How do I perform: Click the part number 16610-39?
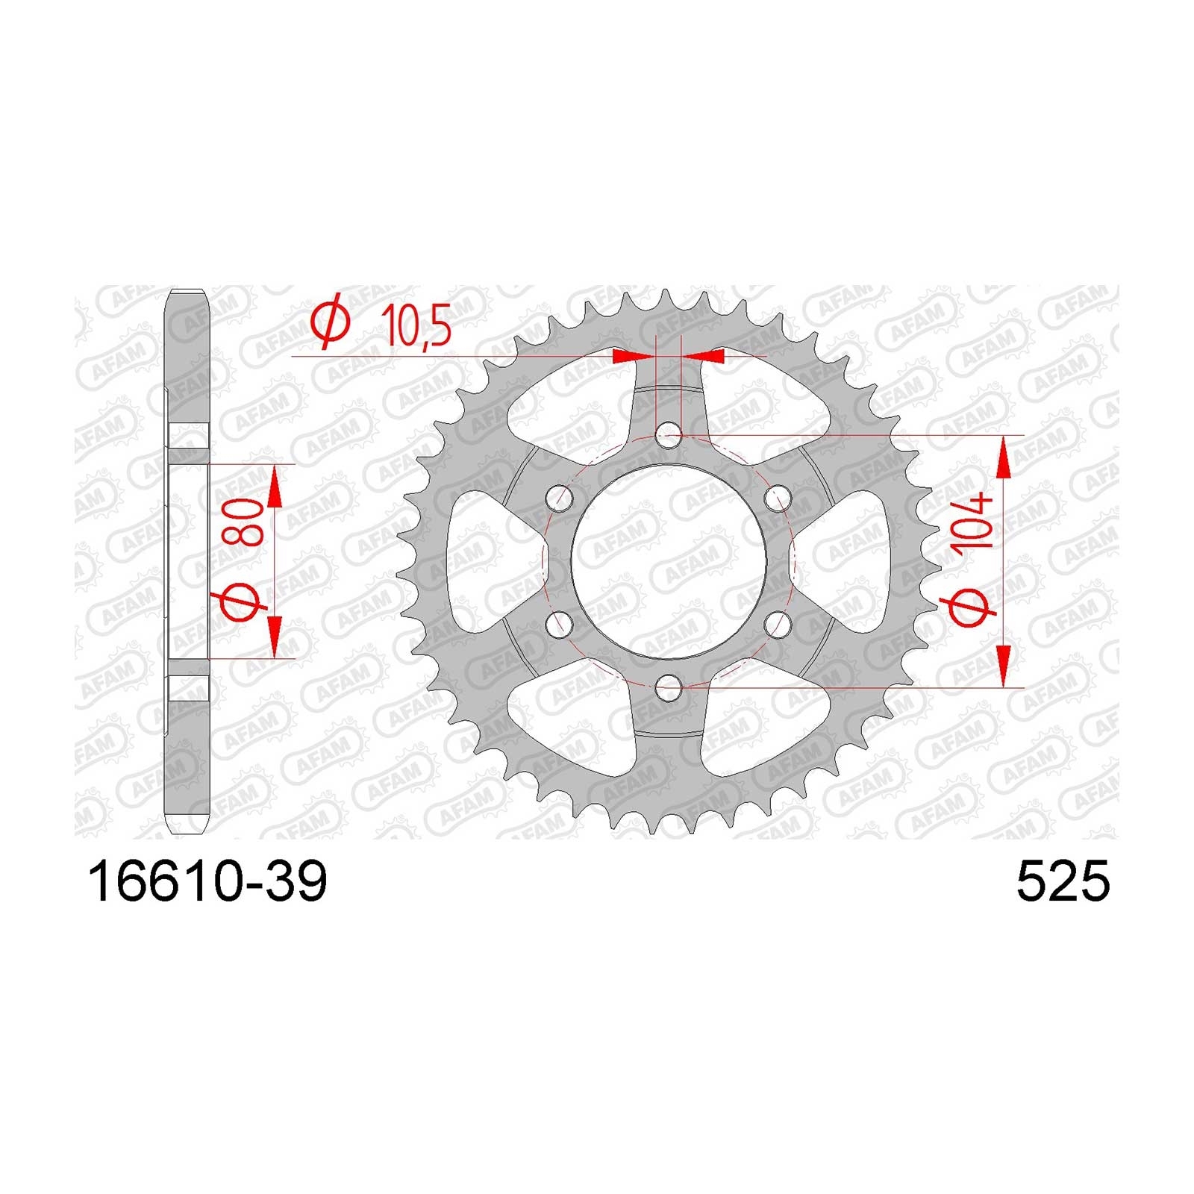point(207,883)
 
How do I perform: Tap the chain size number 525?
point(1063,883)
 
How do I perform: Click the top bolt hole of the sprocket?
point(668,434)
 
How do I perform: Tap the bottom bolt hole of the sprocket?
point(668,687)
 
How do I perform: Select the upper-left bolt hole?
point(559,497)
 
